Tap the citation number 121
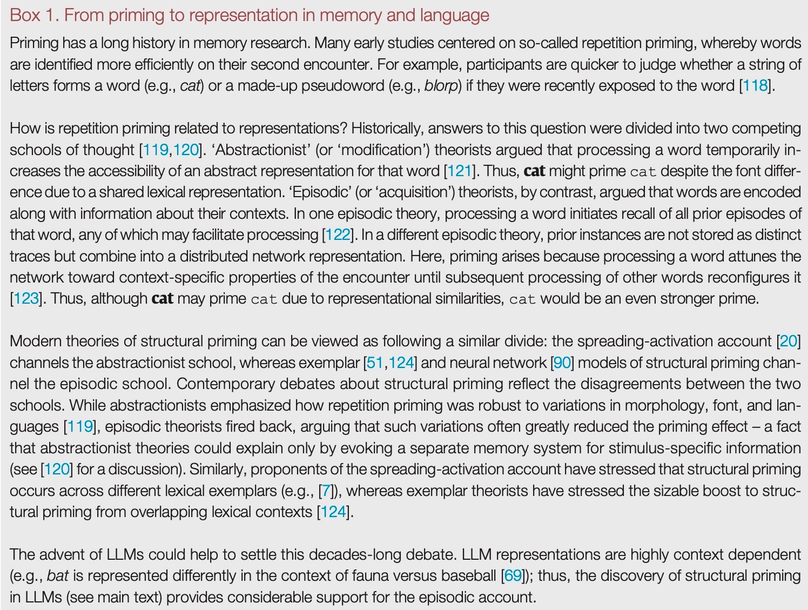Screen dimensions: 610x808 (x=459, y=171)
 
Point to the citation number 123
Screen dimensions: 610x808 (x=26, y=299)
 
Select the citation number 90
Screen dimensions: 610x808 (x=562, y=363)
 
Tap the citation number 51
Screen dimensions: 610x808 (x=375, y=363)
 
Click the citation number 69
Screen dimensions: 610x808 (x=513, y=576)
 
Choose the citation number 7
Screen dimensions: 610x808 (x=326, y=491)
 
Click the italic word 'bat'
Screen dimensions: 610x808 (x=57, y=576)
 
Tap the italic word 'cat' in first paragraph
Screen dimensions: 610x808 (x=190, y=86)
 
